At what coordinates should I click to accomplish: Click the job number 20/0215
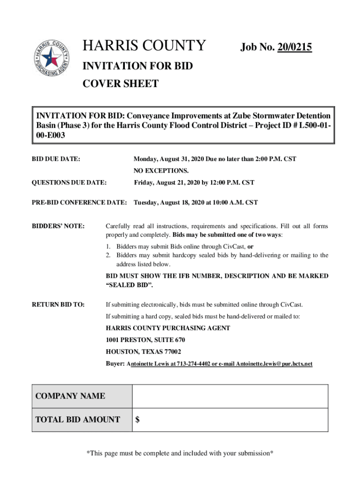coord(295,47)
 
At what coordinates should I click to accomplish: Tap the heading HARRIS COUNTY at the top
coord(144,46)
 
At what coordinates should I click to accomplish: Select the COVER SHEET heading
coord(120,84)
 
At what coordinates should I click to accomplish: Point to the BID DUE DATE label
coord(56,159)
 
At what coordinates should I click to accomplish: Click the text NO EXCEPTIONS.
coord(161,171)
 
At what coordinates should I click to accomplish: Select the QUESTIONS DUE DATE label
coord(69,182)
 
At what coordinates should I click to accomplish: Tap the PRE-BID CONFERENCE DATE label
coord(79,203)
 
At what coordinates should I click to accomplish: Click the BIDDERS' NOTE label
coord(58,226)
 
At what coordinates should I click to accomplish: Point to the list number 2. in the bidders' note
coord(108,255)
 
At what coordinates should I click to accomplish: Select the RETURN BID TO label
coord(58,305)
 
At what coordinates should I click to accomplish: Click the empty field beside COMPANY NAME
coord(230,396)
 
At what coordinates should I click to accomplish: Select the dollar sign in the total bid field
coord(137,420)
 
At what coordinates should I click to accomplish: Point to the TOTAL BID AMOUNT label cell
coord(78,420)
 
